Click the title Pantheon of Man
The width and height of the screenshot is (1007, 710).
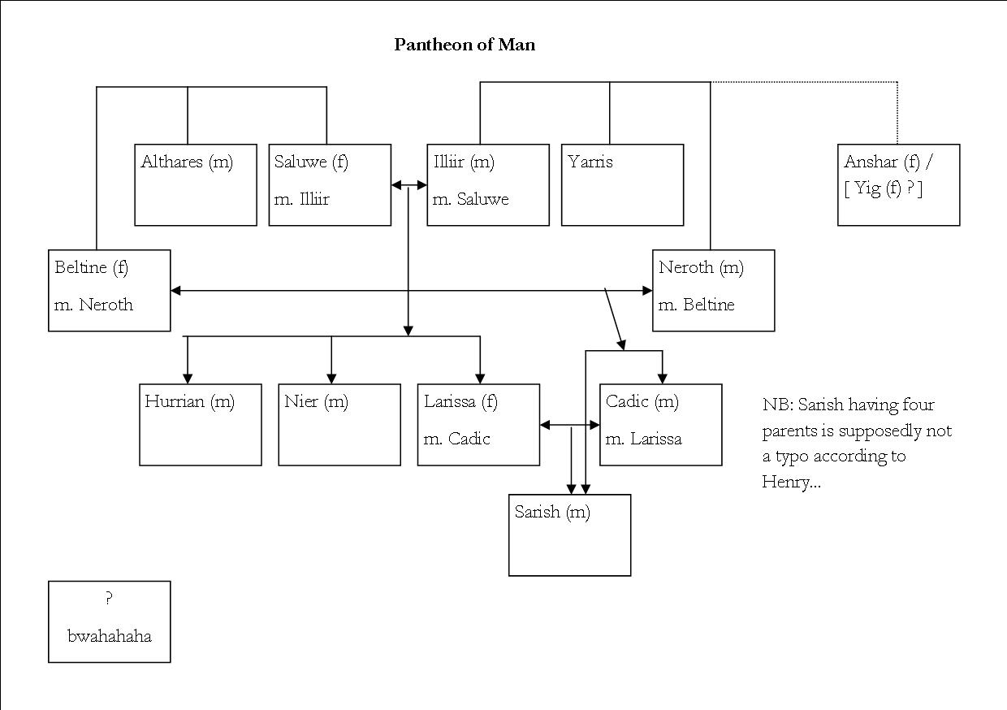pos(465,45)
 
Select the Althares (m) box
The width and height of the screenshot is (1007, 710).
pos(196,184)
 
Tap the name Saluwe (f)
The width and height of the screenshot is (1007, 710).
pos(311,162)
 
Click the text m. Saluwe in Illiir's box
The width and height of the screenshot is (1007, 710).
pos(471,199)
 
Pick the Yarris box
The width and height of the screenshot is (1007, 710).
pos(622,184)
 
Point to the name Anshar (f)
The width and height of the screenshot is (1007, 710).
pos(882,162)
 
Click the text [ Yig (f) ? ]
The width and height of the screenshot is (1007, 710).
pos(883,188)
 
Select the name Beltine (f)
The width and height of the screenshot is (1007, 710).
pos(91,267)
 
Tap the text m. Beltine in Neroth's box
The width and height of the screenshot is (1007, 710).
pos(697,305)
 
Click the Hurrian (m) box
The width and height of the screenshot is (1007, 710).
pos(201,424)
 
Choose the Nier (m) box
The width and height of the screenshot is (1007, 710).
pos(339,424)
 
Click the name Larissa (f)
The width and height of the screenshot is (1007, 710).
pos(460,401)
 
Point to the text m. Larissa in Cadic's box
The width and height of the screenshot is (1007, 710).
pos(644,439)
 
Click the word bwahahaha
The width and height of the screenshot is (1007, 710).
pos(110,635)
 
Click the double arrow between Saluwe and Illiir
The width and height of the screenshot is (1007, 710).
pos(409,185)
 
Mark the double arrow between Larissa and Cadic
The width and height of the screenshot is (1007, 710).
pos(569,424)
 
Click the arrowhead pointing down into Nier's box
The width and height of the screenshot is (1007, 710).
pos(331,378)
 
